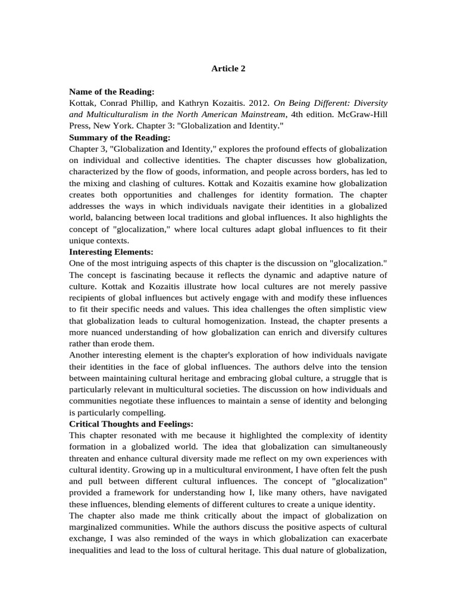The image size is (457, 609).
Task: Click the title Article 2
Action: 228,68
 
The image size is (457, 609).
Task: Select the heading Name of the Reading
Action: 112,92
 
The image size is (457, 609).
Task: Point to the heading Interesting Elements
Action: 112,252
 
